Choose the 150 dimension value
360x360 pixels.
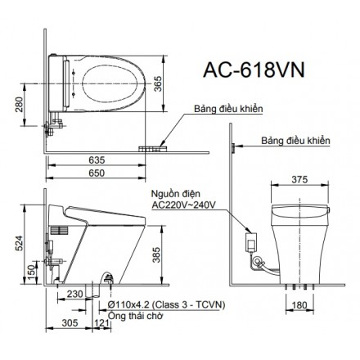30,271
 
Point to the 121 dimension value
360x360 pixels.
101,323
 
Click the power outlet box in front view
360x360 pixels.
250,242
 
